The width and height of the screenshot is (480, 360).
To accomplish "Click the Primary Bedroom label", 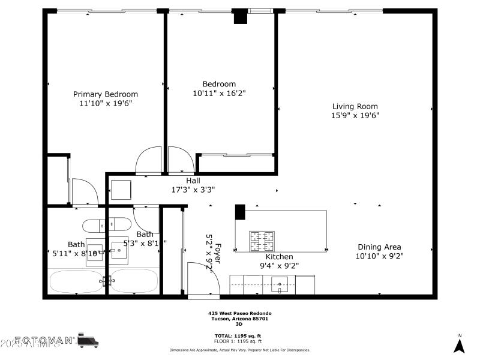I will coord(106,94).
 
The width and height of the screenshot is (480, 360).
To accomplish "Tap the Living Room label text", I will coord(355,106).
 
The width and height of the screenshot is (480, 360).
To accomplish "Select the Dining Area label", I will coord(379,247).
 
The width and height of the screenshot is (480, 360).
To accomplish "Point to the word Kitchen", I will coord(279,256).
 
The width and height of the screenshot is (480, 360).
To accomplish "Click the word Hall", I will coord(193,180).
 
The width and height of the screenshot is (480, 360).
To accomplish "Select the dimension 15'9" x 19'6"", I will coord(355,115).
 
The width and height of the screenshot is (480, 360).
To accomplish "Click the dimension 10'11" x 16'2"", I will coord(219,93).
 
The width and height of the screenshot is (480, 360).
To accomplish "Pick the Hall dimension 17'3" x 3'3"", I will coord(193,189).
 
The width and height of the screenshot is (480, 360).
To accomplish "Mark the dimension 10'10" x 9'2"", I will coord(379,256).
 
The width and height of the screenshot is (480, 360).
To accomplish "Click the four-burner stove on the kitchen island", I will coord(263,241).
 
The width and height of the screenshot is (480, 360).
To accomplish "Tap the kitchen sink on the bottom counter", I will coord(280,284).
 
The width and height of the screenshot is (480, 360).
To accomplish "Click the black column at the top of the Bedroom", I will coord(240,16).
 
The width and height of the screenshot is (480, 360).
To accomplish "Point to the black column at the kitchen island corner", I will coord(240,212).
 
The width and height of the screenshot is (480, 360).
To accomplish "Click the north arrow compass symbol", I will coord(460,345).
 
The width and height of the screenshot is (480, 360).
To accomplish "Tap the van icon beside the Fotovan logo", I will coord(88,341).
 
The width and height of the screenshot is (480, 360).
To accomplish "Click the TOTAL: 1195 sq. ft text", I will coord(238,335).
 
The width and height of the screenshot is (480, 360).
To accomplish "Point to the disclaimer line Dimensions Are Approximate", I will coord(240,349).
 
